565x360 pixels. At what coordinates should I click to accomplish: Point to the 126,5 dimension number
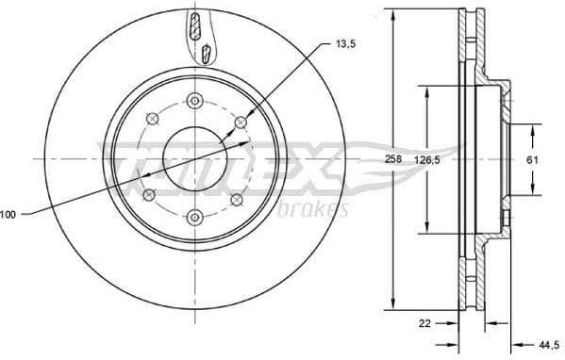coord(428,161)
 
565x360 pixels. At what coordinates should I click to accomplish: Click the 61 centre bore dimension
coord(531,160)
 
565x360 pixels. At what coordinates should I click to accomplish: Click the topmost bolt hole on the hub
coord(195,102)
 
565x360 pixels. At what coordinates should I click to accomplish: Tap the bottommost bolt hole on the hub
coord(194,214)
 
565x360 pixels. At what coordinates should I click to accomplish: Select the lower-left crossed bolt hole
coord(149,194)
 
